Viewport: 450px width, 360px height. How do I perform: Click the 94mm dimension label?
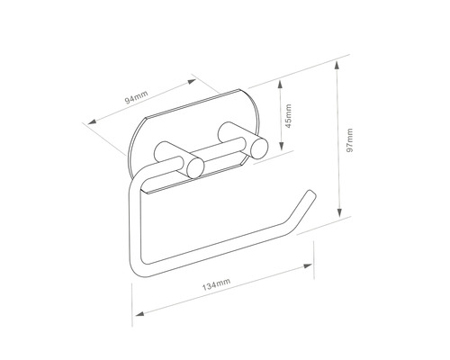click(x=137, y=97)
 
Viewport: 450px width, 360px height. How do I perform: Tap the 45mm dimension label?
click(x=288, y=116)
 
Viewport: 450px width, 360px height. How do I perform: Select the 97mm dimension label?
click(x=349, y=140)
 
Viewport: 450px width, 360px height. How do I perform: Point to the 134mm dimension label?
click(x=216, y=284)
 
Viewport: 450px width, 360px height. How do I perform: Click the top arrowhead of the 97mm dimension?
click(x=337, y=66)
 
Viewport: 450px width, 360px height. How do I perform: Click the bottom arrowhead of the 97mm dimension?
click(x=339, y=212)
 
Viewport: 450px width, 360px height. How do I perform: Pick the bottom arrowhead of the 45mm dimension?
click(x=282, y=145)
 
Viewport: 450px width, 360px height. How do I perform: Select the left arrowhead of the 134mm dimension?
click(x=140, y=313)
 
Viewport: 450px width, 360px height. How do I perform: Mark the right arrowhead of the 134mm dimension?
click(x=308, y=266)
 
